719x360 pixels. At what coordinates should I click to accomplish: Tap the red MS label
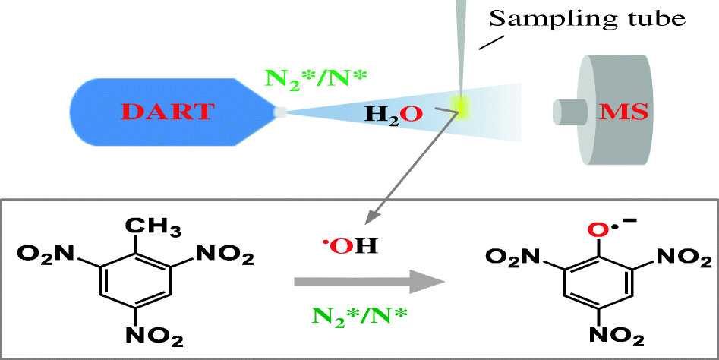[624, 112]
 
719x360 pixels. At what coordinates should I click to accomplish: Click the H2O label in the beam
[392, 113]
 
